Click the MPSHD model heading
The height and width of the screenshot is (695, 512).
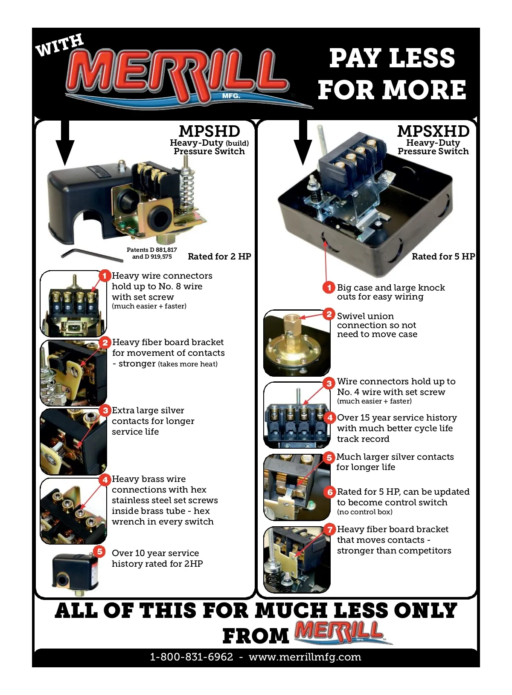coord(209,131)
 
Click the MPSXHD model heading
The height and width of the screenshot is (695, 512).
coord(433,131)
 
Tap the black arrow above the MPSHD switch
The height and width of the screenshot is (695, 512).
coord(65,143)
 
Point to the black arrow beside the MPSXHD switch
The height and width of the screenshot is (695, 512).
coord(303,143)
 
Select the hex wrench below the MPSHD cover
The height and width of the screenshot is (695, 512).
coord(92,255)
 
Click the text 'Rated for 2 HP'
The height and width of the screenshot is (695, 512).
coord(219,256)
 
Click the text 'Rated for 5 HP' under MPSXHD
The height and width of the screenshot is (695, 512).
coord(443,256)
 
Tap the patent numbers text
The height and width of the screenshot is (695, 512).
coord(152,253)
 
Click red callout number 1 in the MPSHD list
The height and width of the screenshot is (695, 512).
coord(105,276)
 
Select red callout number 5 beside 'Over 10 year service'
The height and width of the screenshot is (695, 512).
coord(99,551)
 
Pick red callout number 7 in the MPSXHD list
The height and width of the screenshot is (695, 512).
coord(330,529)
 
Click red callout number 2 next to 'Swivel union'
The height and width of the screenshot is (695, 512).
coord(329,314)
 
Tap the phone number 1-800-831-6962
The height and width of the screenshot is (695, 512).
coord(192,657)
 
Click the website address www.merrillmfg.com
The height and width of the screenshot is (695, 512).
coord(305,657)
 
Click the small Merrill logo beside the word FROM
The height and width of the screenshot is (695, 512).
coord(343,632)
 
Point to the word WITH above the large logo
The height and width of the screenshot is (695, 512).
coord(60,45)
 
